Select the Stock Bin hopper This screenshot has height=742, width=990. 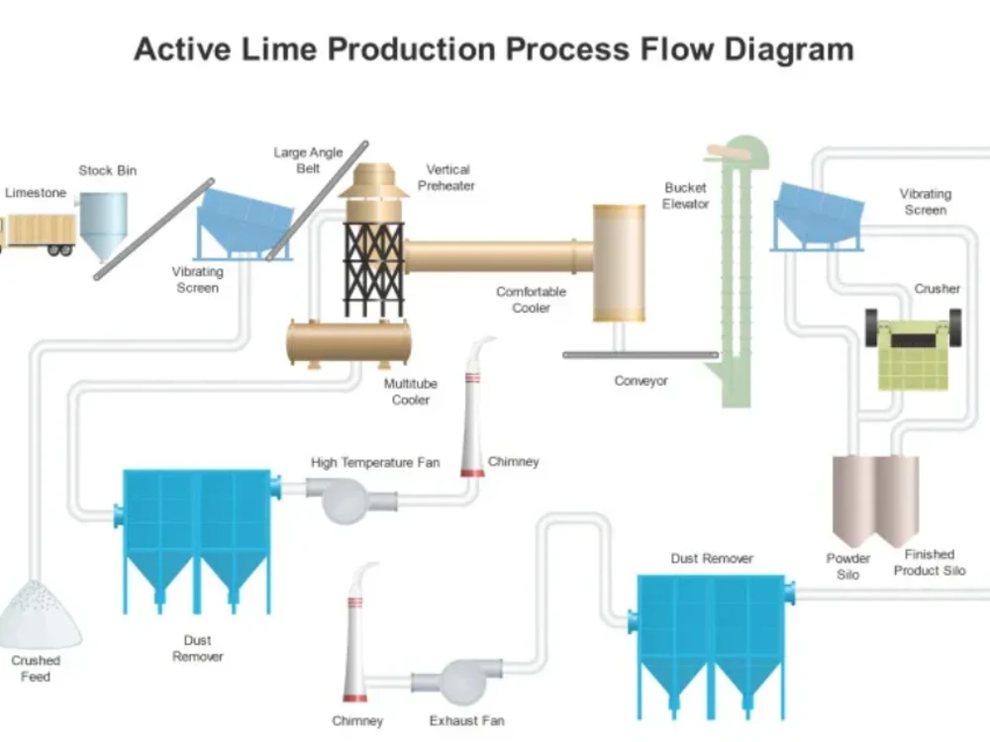point(103,224)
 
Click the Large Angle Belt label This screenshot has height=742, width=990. point(308,160)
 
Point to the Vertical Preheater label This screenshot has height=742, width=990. point(447,177)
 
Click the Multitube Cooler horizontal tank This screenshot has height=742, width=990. point(348,342)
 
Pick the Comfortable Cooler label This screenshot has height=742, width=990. point(531,300)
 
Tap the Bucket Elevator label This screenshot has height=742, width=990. point(686,195)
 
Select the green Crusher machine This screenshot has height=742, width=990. point(913,351)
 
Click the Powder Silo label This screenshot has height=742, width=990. point(848,566)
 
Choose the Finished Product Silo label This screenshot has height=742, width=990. point(929,562)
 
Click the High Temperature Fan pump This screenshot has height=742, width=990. point(350,498)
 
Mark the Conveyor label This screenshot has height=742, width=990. point(641,381)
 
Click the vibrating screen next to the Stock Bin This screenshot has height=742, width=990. point(244,223)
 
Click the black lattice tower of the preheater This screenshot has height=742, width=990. point(373,267)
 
